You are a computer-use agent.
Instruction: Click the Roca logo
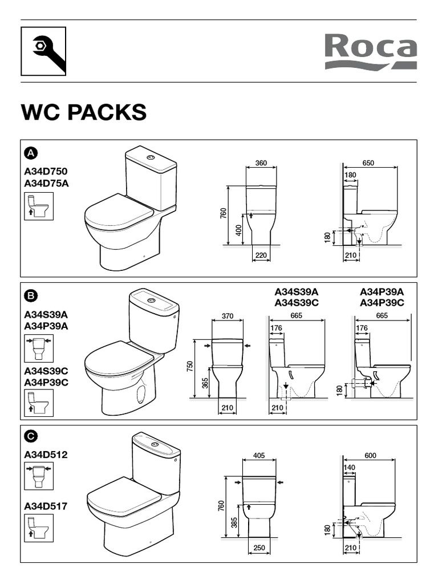click(371, 51)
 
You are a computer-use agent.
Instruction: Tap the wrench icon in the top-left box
click(48, 52)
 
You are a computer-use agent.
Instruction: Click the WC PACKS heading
click(84, 112)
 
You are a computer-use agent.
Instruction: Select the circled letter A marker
click(31, 153)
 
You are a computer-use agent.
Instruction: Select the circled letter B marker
click(31, 296)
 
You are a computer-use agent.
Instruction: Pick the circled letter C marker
click(31, 436)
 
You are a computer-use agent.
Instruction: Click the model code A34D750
click(46, 171)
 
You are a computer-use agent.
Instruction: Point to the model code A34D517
click(46, 506)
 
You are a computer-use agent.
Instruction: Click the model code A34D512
click(46, 455)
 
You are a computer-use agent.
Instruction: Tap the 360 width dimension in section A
click(261, 163)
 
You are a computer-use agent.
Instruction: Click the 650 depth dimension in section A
click(368, 163)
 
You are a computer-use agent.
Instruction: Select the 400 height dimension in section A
click(239, 229)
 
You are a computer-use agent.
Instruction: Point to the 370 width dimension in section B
click(228, 316)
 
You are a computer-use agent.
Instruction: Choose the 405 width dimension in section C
click(259, 456)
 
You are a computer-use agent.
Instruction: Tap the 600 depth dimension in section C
click(370, 456)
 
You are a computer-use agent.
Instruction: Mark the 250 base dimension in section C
click(259, 547)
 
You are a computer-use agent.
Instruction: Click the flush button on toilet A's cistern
click(151, 157)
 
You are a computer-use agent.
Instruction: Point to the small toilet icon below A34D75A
click(39, 206)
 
